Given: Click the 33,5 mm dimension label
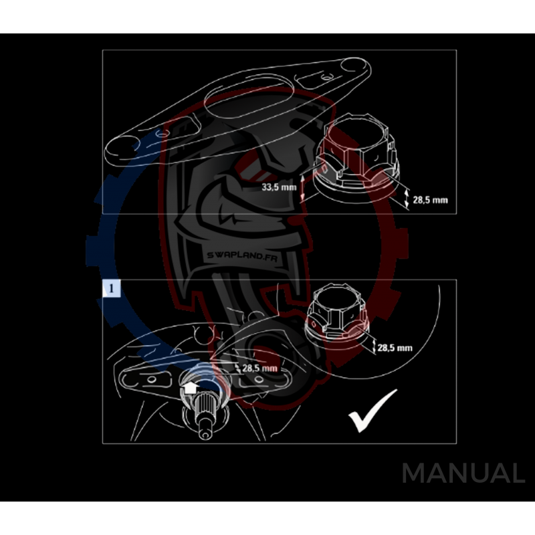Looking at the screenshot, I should pos(279,188).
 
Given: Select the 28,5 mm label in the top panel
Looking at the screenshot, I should pos(431,199).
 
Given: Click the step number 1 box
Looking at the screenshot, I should pos(111,288).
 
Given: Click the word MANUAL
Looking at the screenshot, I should pos(463,473).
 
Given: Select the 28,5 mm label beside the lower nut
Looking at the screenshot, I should pos(395,348).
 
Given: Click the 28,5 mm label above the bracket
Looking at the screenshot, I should pos(260,368).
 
